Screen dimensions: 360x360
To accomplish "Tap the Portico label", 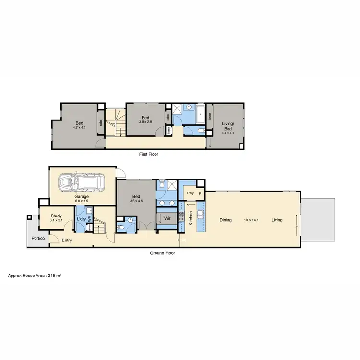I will pos(39,238).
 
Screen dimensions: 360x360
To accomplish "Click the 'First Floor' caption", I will pos(148,154).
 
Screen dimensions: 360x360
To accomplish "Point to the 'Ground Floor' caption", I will pos(163,252).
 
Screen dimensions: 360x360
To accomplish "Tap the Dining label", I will pos(226,220).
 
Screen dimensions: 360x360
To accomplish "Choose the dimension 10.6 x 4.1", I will pos(251,220).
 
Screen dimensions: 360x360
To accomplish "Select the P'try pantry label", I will pos(190,193).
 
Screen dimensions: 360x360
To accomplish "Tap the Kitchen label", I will pos(191,218).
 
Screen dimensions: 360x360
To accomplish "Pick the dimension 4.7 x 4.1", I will pos(79,128).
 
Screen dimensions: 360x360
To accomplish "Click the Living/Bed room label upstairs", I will pos(228,125).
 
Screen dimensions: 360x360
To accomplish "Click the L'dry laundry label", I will pos(81,219).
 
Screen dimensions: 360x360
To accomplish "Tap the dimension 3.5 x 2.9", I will pos(145,122).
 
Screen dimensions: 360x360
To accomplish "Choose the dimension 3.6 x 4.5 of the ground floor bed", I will pos(136,201).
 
